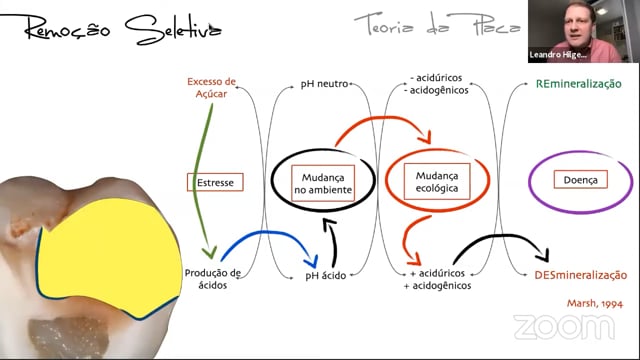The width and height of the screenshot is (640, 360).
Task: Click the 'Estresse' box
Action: click(215, 182)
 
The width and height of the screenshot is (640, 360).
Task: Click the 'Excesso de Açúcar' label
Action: click(211, 87)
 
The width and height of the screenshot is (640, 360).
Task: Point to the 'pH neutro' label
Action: click(324, 84)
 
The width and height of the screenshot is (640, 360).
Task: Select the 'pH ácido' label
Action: click(326, 276)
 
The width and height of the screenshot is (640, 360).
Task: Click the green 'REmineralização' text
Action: click(578, 84)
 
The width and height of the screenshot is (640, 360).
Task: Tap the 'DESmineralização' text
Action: click(580, 275)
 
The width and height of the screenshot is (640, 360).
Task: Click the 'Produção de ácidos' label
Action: click(213, 279)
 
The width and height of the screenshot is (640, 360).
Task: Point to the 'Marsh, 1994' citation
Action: click(595, 303)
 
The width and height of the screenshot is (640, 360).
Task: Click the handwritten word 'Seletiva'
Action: click(173, 29)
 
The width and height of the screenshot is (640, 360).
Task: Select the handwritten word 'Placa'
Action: click(496, 25)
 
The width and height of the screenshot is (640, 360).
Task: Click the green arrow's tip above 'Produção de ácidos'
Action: click(210, 253)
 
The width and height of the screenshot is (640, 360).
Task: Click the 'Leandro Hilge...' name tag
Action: click(558, 55)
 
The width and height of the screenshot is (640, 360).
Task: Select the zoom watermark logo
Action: click(564, 327)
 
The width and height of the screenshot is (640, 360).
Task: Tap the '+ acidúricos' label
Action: click(437, 273)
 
